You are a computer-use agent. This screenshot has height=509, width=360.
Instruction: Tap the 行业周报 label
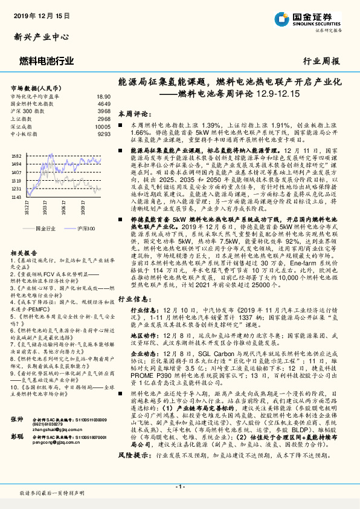(321, 61)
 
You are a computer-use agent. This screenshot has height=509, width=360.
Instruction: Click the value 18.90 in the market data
(103, 97)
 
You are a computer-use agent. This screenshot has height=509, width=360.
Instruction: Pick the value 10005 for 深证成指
(103, 127)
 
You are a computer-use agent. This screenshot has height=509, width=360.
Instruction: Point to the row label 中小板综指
(26, 134)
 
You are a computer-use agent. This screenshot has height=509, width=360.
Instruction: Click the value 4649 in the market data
(104, 104)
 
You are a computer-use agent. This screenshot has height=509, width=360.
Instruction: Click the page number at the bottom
(179, 487)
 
